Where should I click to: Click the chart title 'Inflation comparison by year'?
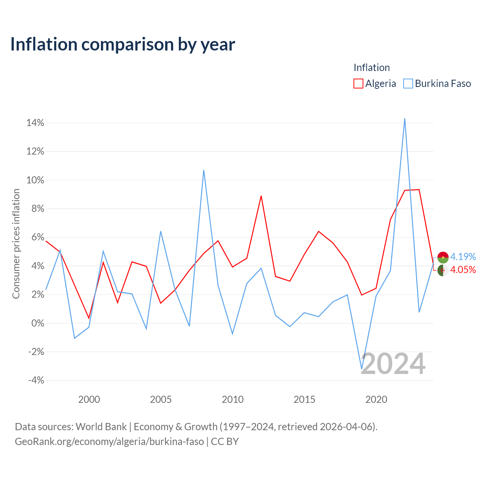pos(123,44)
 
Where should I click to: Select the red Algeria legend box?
pos(358,84)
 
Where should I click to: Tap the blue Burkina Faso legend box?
pos(408,84)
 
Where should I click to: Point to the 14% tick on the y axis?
pos(35,123)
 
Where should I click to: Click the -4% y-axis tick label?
pos(36,380)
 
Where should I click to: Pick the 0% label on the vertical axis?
pos(38,323)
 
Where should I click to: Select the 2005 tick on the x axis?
pos(161,399)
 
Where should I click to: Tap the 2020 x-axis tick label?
pos(376,399)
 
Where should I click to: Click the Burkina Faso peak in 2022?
pos(404,119)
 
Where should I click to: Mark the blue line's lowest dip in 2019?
pos(361,369)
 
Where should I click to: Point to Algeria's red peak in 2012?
pos(261,196)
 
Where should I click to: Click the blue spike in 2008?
pos(204,170)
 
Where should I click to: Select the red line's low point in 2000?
pos(89,318)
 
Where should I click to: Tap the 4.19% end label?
pos(463,257)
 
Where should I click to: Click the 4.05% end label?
pos(463,270)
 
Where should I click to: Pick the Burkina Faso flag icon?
pos(443,257)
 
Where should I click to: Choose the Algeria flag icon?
pos(443,270)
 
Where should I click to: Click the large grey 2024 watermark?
pos(393,364)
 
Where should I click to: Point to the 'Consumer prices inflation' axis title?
pos(16,244)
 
